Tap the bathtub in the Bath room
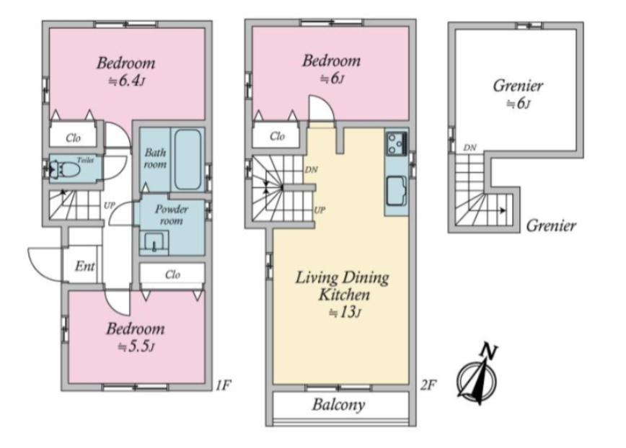[188, 159]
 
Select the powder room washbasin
[154, 242]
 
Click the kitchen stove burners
[397, 144]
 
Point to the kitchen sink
[397, 191]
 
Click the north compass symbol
[478, 374]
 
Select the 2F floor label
[428, 385]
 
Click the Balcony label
[338, 405]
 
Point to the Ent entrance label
[85, 266]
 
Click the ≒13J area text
[345, 313]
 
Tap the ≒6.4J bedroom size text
[126, 81]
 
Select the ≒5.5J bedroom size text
[136, 346]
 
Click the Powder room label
[171, 215]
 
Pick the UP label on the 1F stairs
[110, 205]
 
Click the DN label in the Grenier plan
[470, 148]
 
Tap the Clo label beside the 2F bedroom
[278, 136]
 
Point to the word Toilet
[85, 160]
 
